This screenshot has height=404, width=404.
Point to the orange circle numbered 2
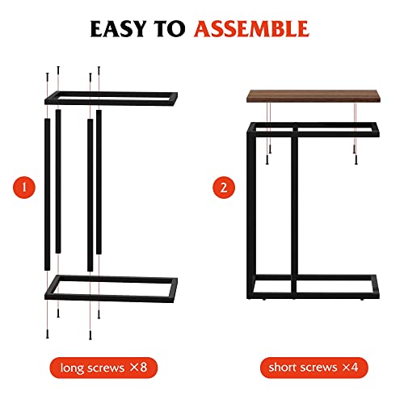[224, 188]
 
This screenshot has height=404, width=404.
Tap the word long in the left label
[78, 368]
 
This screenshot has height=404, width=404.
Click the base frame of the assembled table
[311, 286]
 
